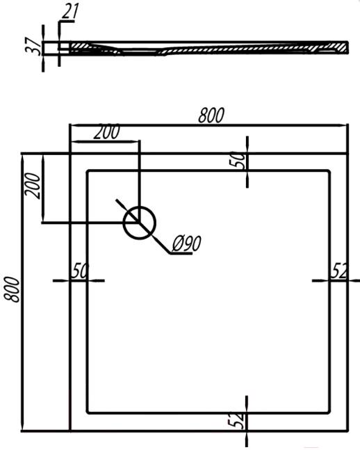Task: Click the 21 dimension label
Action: pos(69,12)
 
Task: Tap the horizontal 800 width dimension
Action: pos(211,115)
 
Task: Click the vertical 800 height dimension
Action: pos(12,289)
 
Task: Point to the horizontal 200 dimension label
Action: pos(107,132)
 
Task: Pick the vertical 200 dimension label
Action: pos(33,186)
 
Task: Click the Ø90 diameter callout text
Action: pos(187,243)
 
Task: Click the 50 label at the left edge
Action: pos(80,271)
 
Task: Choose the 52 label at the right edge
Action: pos(339,271)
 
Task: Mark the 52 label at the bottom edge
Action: pos(237,421)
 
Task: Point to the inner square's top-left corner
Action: pos(87,171)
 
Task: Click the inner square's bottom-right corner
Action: pos(329,412)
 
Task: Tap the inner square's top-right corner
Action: pos(329,171)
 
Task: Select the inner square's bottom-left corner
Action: pos(87,412)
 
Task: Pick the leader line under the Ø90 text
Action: pos(181,253)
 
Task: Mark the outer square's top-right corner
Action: pos(348,154)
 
